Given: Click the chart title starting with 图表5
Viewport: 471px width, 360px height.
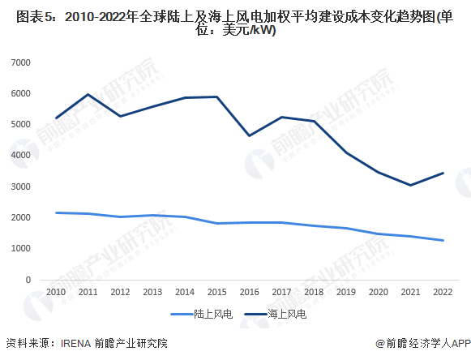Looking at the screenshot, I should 235,23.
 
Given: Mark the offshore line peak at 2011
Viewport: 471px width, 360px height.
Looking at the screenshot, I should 88,95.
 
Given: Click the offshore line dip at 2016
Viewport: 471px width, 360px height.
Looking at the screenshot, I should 248,135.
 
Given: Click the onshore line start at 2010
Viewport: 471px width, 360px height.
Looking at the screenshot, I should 56,212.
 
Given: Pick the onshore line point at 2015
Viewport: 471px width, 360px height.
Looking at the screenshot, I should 216,223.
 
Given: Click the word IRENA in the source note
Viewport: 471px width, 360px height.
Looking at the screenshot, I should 79,343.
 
